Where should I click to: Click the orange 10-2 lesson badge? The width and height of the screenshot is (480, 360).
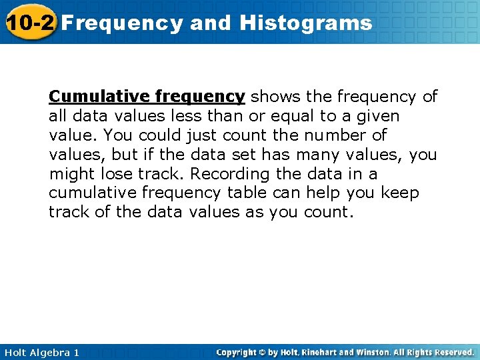[x=30, y=23]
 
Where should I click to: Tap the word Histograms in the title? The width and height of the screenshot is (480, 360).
[x=305, y=23]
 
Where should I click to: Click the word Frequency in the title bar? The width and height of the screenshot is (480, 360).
[x=124, y=23]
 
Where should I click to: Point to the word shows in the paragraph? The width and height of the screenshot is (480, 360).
[x=273, y=97]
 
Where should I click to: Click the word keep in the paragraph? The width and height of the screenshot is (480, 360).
[x=401, y=193]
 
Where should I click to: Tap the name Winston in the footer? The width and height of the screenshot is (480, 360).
[x=381, y=352]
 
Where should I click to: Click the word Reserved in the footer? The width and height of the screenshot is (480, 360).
[x=452, y=352]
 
